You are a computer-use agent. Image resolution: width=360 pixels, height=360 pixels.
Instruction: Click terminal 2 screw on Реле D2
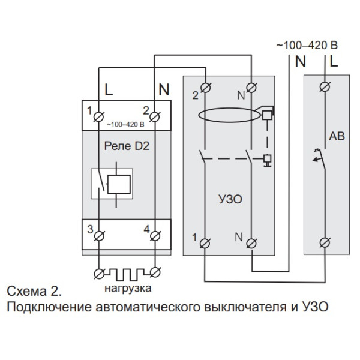pyautogui.click(x=155, y=114)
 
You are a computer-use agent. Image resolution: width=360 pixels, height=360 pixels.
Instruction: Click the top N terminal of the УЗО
pyautogui.click(x=253, y=90)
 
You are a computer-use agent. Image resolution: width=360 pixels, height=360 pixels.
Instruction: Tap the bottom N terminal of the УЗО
pyautogui.click(x=253, y=242)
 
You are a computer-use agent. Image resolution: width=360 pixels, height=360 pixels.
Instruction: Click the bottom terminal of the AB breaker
pyautogui.click(x=326, y=242)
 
